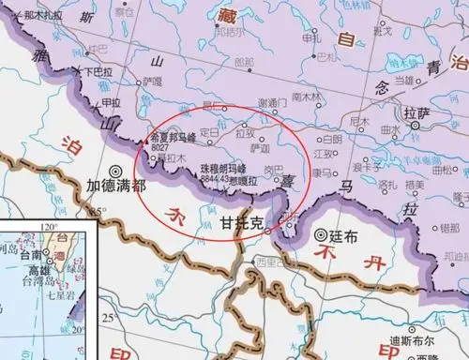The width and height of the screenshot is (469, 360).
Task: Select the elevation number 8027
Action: click(x=161, y=146)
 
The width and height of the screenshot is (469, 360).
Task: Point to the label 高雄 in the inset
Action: click(x=36, y=266)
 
